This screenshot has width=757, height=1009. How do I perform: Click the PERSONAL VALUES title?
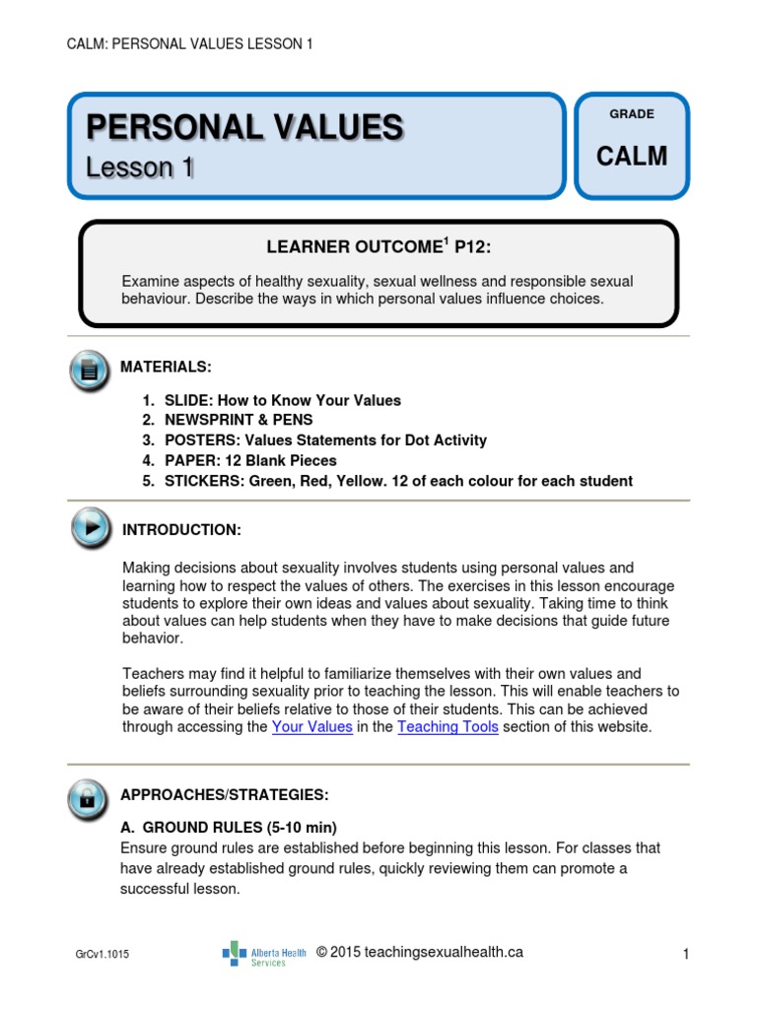click(x=244, y=127)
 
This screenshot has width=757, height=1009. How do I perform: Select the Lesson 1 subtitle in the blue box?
click(x=139, y=168)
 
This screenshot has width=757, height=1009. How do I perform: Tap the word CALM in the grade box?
click(x=632, y=157)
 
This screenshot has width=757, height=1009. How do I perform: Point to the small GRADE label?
click(x=632, y=114)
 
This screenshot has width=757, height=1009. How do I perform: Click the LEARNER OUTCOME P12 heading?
click(x=378, y=246)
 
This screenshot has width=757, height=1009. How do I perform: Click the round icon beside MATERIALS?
click(x=90, y=370)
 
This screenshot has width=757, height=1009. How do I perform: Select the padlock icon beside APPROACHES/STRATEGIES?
click(x=90, y=796)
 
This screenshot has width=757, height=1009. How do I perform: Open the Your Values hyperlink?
click(x=311, y=727)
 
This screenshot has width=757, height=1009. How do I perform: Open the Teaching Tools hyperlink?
click(x=447, y=727)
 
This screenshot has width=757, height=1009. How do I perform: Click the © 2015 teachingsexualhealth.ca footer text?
click(x=420, y=952)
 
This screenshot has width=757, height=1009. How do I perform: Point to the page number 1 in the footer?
click(x=683, y=954)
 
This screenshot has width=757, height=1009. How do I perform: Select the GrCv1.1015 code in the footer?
click(x=102, y=955)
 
